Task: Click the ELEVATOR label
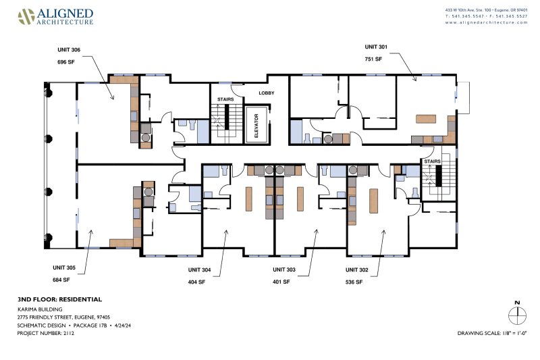256,126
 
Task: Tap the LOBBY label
267,93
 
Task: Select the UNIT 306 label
69,49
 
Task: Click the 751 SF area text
373,59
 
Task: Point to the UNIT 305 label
64,267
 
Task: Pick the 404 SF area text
196,282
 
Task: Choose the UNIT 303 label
284,269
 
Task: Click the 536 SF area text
354,282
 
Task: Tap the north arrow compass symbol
517,313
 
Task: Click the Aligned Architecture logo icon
26,16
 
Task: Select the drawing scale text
492,333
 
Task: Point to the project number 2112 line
46,333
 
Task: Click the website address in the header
486,22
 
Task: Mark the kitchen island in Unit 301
426,119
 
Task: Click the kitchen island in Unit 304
249,199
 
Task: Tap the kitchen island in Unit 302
374,201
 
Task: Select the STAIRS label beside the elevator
225,99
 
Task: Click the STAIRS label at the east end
432,161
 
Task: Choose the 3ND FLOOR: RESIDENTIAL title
59,299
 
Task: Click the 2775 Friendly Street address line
63,317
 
